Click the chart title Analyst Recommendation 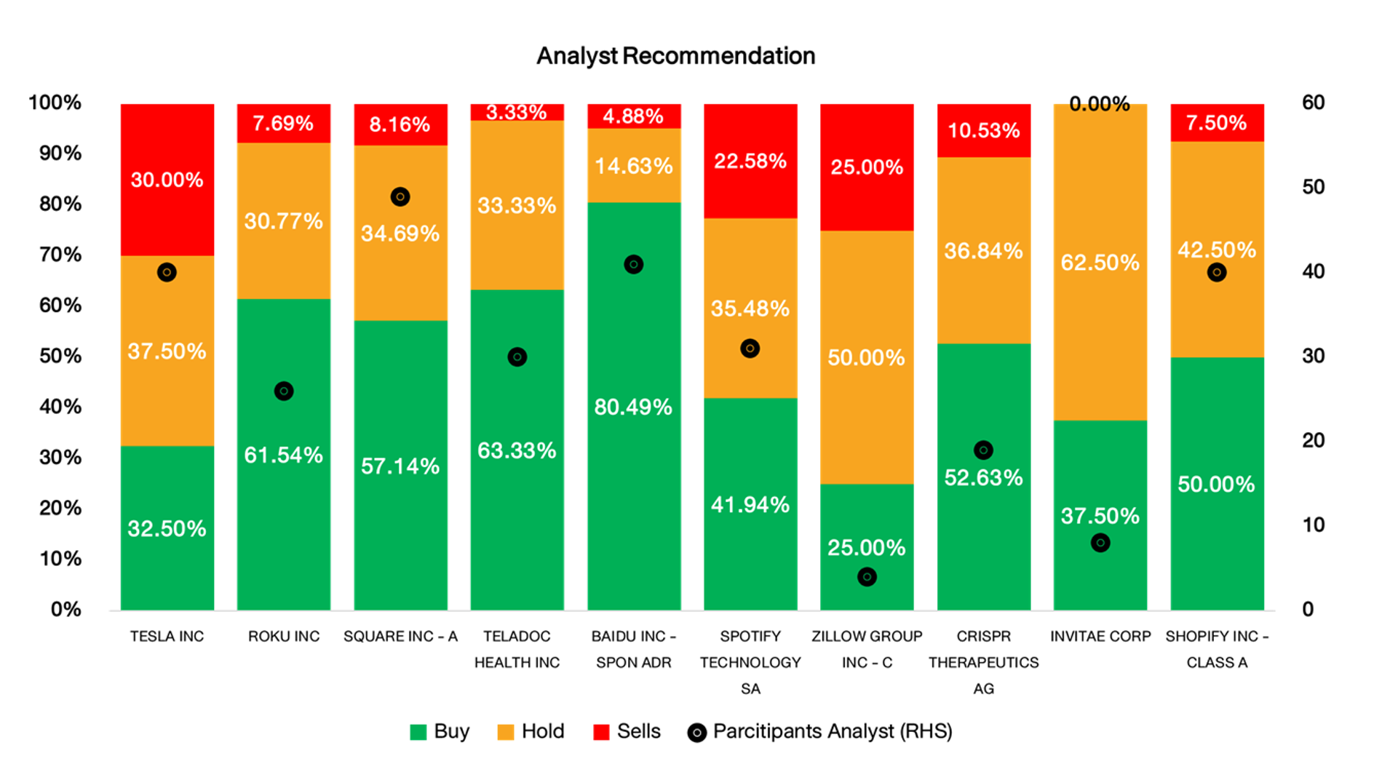(x=675, y=56)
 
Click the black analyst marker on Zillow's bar (x=867, y=577)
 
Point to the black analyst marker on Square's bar (x=400, y=196)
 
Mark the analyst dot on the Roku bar (x=284, y=391)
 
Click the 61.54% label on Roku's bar (x=284, y=455)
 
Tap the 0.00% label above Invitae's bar (x=1100, y=104)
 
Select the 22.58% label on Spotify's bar (x=750, y=161)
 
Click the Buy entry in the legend (x=440, y=732)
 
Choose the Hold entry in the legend (x=531, y=732)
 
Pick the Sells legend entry (x=627, y=732)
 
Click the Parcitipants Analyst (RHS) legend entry (x=820, y=732)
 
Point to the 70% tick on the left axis (x=60, y=255)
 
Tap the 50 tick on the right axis (x=1313, y=187)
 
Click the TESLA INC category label (x=167, y=637)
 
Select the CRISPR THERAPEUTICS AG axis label (x=983, y=662)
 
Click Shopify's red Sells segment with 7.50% (x=1217, y=122)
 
